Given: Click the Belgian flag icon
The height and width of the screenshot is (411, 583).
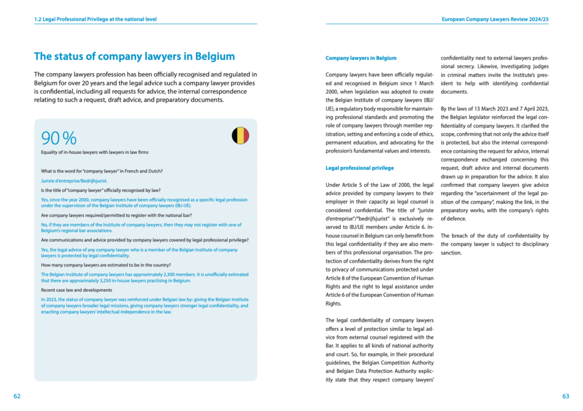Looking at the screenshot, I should pyautogui.click(x=240, y=135).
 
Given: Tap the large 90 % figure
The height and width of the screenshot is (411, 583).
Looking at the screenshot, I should pyautogui.click(x=59, y=138).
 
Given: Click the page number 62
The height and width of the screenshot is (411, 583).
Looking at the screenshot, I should pyautogui.click(x=17, y=396).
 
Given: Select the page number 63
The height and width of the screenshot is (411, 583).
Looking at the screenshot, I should pyautogui.click(x=565, y=396).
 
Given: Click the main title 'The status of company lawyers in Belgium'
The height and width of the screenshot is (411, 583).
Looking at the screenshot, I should pyautogui.click(x=134, y=56).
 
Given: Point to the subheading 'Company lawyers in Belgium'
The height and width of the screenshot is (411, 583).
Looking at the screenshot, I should pyautogui.click(x=361, y=58).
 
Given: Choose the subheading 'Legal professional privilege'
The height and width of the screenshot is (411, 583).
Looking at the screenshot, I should pyautogui.click(x=359, y=168).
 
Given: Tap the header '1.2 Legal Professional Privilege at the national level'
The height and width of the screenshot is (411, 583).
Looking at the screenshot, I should pyautogui.click(x=95, y=19).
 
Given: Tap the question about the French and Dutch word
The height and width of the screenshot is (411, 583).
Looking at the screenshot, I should pyautogui.click(x=102, y=171).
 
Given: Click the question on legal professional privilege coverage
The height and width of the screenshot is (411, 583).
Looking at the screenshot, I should pyautogui.click(x=145, y=240).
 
